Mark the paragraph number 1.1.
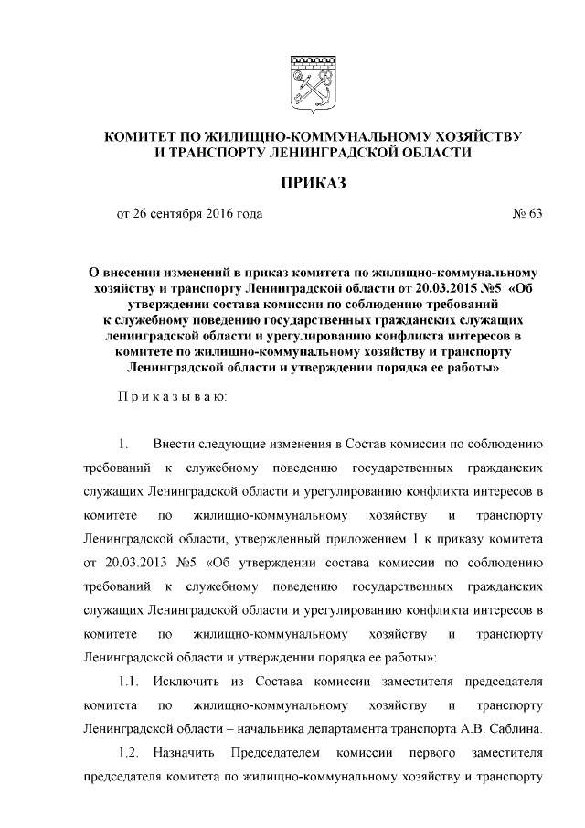tap(128, 681)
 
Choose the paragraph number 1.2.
tap(128, 752)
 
